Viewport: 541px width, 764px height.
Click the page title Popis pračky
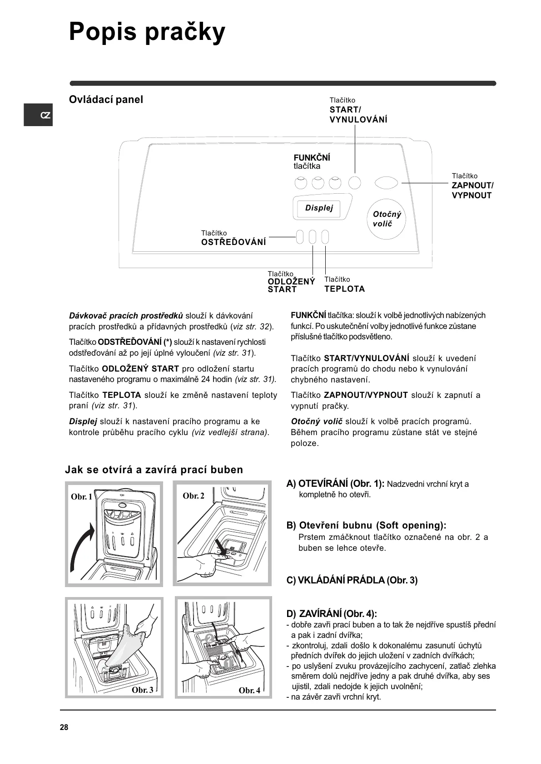(x=147, y=33)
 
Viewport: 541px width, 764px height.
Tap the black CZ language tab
(x=39, y=115)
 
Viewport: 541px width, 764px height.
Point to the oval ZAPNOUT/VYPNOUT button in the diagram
(x=387, y=183)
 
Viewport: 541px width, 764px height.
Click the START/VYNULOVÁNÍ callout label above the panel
(x=358, y=114)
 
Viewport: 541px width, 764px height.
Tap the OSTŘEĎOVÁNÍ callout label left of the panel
(x=233, y=242)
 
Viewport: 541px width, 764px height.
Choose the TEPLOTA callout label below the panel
(x=344, y=289)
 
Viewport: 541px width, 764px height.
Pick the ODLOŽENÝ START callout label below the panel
(x=291, y=285)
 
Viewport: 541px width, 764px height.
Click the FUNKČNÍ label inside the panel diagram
(x=312, y=158)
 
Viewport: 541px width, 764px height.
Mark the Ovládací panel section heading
(x=106, y=100)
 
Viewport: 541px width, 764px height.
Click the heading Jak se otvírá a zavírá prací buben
(x=154, y=470)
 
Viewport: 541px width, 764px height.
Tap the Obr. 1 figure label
(x=81, y=497)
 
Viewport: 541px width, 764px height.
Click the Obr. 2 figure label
(x=194, y=496)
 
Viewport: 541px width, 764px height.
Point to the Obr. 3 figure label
(x=142, y=690)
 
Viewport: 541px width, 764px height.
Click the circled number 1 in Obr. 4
(x=228, y=664)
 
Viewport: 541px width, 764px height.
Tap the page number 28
(x=64, y=728)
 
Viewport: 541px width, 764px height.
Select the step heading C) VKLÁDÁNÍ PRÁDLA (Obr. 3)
(x=352, y=580)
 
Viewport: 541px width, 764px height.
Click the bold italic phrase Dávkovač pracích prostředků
(x=126, y=316)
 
